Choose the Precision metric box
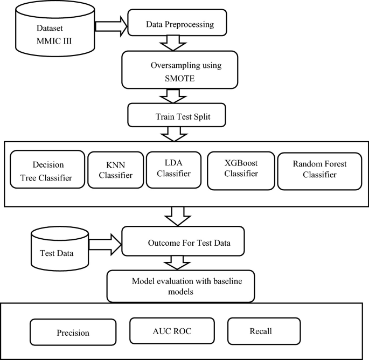click(72, 333)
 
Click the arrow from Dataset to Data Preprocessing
click(110, 25)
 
